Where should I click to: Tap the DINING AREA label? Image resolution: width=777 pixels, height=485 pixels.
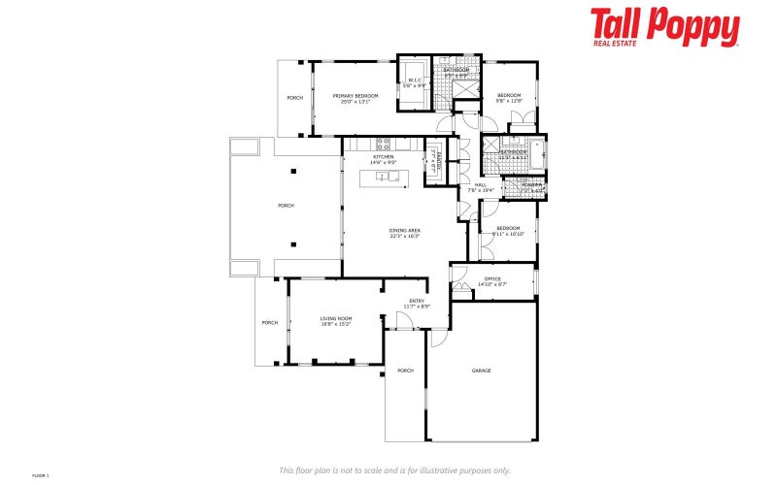pyautogui.click(x=404, y=232)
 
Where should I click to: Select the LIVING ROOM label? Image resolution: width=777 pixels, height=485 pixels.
pyautogui.click(x=336, y=320)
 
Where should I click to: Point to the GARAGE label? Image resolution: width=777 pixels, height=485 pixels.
pyautogui.click(x=481, y=371)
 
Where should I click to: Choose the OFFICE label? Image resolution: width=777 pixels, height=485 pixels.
pyautogui.click(x=492, y=281)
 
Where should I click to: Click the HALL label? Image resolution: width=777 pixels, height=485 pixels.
pyautogui.click(x=481, y=186)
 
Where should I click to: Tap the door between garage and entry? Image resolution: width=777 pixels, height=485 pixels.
pyautogui.click(x=438, y=337)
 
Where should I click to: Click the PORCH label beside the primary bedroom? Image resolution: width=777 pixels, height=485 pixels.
pyautogui.click(x=294, y=98)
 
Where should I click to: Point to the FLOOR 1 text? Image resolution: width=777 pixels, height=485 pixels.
pyautogui.click(x=40, y=475)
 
